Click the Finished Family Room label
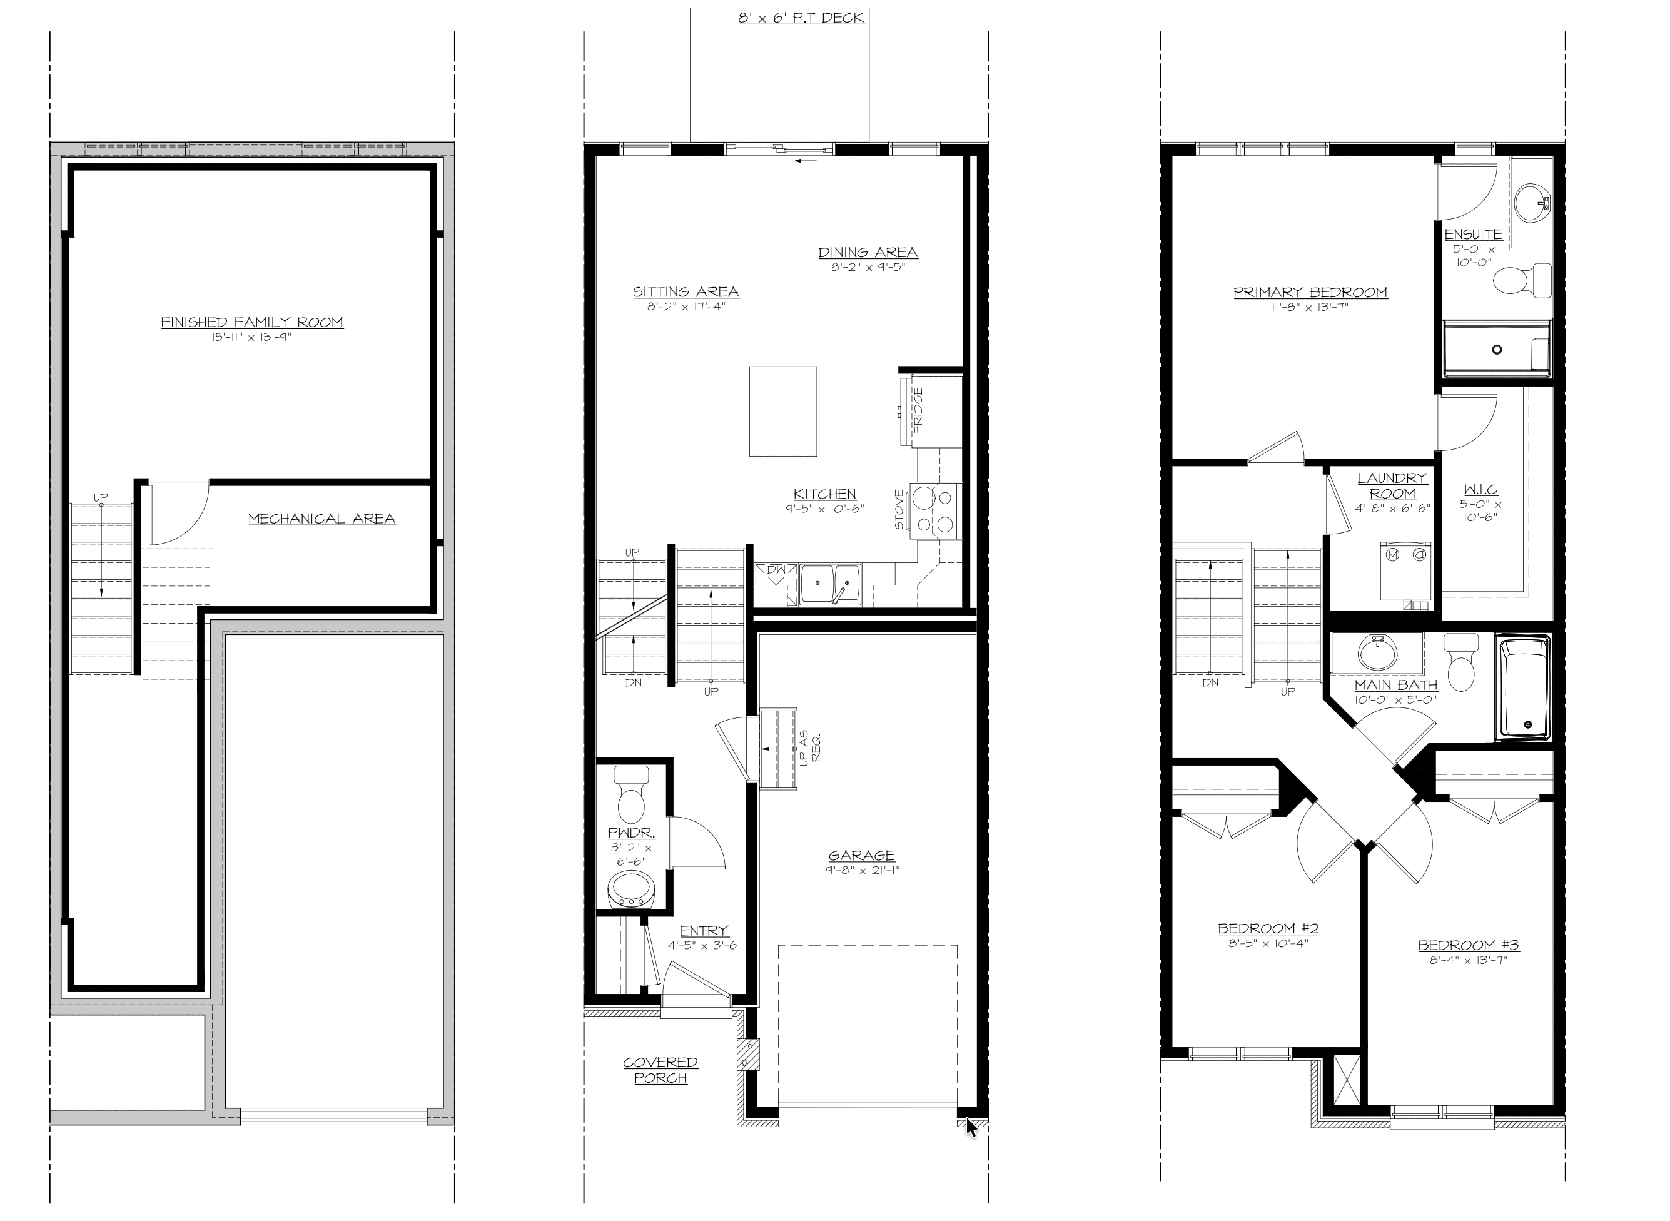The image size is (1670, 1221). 252,322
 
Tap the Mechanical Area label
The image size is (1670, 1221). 322,519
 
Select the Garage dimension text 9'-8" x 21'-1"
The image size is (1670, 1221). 863,870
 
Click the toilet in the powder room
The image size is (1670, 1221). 631,794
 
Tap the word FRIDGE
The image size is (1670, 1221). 918,410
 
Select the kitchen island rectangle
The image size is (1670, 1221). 782,412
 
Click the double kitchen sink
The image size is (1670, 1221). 831,584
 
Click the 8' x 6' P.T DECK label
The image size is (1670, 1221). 801,18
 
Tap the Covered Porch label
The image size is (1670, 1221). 660,1070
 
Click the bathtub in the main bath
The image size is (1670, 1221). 1523,688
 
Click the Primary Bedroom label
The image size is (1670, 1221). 1310,293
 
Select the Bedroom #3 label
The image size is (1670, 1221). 1468,945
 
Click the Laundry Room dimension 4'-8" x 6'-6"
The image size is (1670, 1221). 1393,509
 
